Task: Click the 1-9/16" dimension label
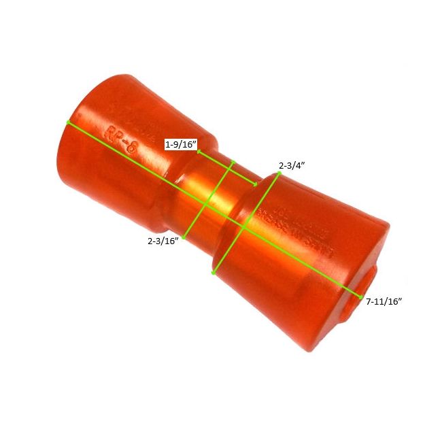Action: point(181,145)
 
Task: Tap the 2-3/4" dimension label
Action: point(292,165)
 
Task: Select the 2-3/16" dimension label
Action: point(163,240)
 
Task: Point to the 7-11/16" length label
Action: point(384,301)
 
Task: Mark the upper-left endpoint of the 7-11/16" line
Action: point(67,122)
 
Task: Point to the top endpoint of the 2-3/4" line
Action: point(279,174)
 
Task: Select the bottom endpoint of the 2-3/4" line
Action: point(214,273)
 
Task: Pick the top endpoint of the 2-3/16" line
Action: point(233,161)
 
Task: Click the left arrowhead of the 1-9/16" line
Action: point(199,152)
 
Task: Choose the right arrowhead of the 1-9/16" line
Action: point(256,184)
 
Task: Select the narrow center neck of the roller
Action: point(207,194)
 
